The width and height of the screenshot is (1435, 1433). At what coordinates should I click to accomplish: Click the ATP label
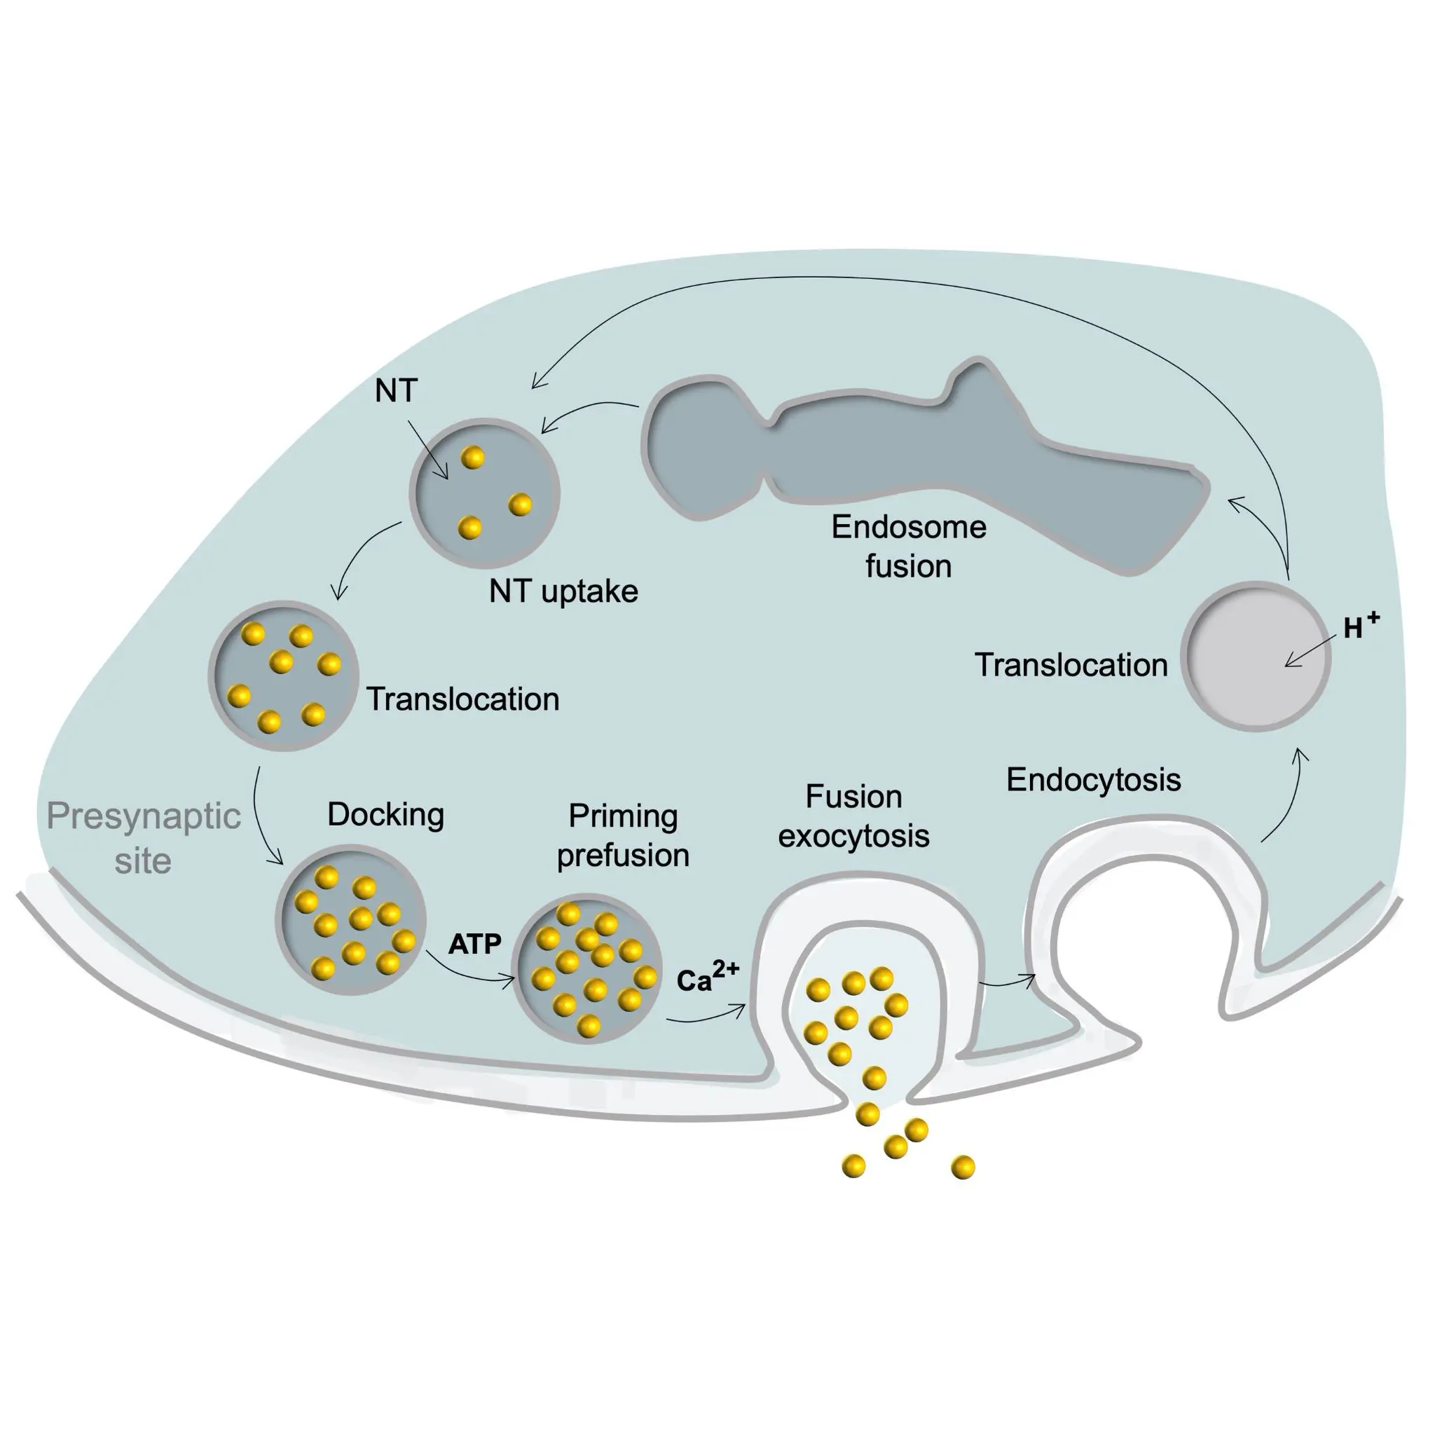point(474,944)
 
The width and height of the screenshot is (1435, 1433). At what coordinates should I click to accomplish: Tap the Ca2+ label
point(706,978)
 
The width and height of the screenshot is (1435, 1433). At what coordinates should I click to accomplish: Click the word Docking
point(385,814)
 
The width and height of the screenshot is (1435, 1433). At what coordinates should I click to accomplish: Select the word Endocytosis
point(1093,779)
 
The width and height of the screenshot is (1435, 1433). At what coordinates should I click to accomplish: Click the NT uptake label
point(563,591)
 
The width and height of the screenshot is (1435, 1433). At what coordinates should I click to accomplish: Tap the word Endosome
point(908,527)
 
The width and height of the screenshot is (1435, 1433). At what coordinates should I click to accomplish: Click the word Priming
point(623,816)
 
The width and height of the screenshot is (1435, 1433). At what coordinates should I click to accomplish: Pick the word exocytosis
point(853,837)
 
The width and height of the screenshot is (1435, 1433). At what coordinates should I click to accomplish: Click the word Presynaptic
point(144,816)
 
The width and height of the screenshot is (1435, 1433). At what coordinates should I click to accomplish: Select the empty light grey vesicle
point(1255,657)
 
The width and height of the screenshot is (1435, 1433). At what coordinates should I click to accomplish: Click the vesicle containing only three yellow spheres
point(484,493)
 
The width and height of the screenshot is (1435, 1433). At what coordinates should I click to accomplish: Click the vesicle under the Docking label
point(350,919)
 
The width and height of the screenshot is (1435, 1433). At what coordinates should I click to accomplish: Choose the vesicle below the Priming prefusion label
point(587,968)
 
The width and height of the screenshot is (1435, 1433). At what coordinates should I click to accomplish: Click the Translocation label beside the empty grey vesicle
point(1071,665)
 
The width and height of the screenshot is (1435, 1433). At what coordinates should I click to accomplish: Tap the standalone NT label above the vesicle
point(396,391)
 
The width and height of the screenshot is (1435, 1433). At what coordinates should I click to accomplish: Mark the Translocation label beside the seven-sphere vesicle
point(462,699)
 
